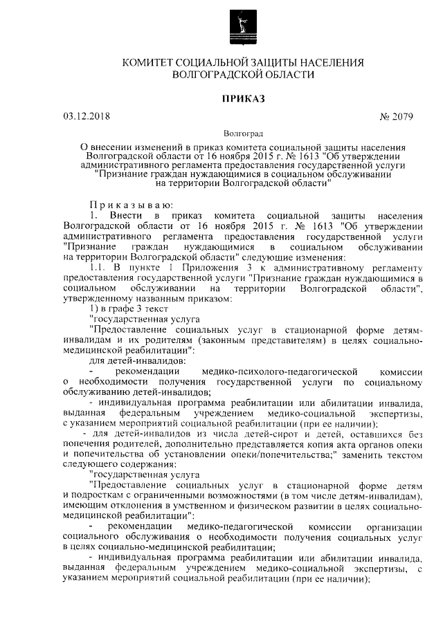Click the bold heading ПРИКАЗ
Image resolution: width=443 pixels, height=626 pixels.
coord(243,99)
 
